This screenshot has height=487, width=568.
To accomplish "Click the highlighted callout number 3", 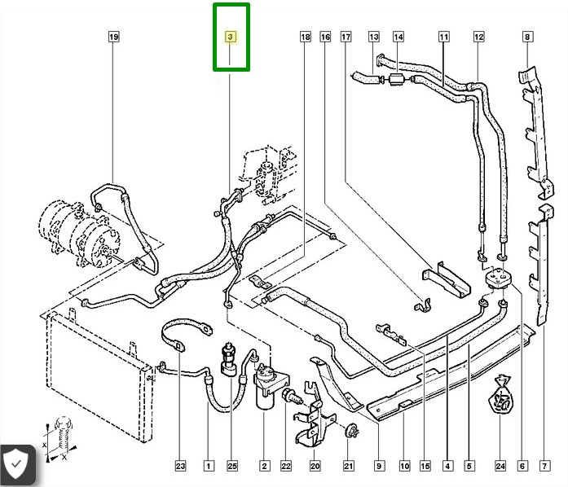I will (x=231, y=37).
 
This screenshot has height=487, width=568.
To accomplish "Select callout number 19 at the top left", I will (x=113, y=37).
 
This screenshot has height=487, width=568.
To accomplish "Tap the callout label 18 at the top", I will (x=305, y=37).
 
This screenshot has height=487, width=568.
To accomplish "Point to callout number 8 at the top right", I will (x=527, y=37).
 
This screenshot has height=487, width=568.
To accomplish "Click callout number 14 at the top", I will (x=398, y=37).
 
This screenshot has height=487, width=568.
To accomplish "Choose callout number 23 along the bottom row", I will (x=180, y=467).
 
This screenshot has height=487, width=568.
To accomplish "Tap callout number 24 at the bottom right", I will (x=500, y=467).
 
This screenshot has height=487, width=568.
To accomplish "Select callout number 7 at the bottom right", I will (x=544, y=467).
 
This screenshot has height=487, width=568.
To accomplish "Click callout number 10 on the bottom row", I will (x=404, y=467).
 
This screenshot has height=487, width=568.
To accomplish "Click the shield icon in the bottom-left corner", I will (x=16, y=465).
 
